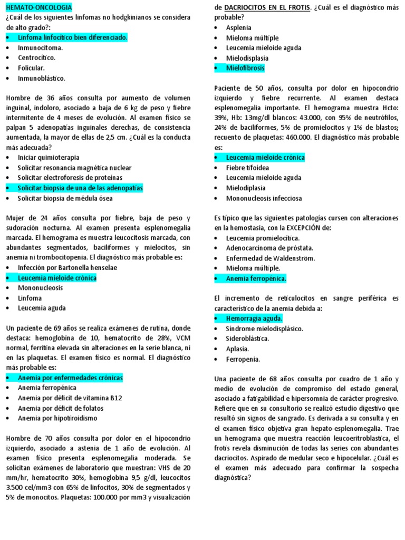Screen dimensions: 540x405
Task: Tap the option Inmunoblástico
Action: click(41, 78)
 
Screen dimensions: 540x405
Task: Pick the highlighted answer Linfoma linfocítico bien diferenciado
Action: click(72, 38)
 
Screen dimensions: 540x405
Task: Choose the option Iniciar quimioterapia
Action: click(49, 158)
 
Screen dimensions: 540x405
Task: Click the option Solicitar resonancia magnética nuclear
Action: click(74, 168)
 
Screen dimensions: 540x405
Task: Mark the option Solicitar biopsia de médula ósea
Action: click(72, 198)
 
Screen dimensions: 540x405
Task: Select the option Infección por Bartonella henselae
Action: click(67, 267)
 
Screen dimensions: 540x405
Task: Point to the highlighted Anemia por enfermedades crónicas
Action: click(70, 378)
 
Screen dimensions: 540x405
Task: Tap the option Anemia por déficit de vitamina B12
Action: click(70, 398)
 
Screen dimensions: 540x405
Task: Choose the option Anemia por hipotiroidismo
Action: click(62, 418)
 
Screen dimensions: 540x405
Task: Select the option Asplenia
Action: click(238, 27)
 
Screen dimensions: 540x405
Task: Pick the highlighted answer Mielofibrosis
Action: click(245, 68)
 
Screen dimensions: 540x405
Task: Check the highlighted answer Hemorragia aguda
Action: click(254, 319)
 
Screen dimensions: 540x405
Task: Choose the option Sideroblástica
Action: click(247, 339)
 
